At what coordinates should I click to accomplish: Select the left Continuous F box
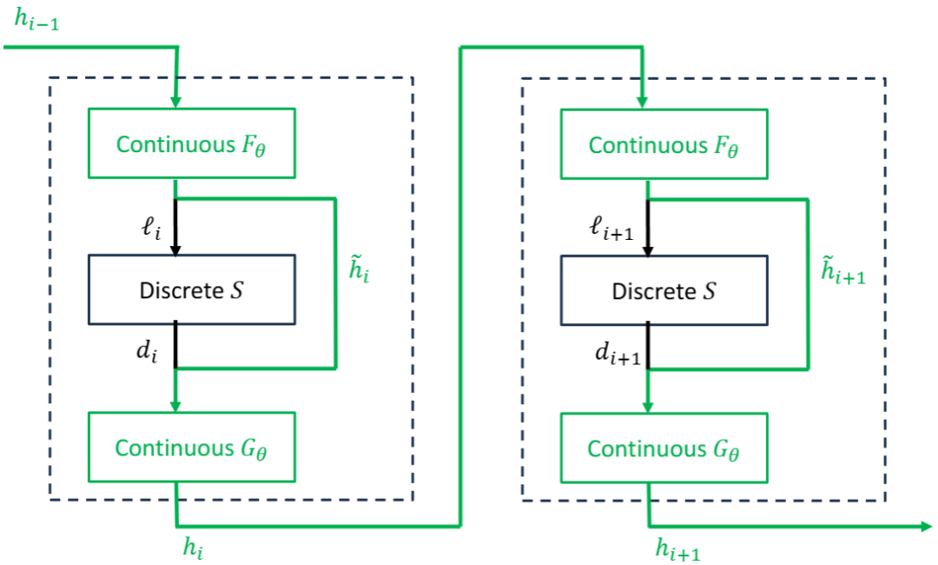point(192,144)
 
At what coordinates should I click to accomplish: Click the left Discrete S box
point(192,289)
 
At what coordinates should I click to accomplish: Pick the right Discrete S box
point(664,289)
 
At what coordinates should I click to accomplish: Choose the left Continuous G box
point(192,448)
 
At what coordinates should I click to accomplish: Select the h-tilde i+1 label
point(842,273)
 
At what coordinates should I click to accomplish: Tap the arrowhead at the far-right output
point(926,526)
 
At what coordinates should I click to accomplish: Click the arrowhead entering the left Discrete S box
point(176,249)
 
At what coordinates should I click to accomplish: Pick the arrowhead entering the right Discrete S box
point(649,249)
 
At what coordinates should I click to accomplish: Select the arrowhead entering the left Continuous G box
point(176,406)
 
